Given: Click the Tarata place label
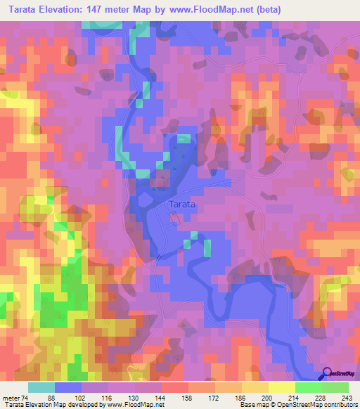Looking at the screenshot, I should (x=181, y=204).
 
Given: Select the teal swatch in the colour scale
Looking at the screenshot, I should (x=41, y=387).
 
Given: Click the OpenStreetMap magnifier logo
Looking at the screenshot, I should (x=328, y=374).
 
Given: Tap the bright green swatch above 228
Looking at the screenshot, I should (x=308, y=387).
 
